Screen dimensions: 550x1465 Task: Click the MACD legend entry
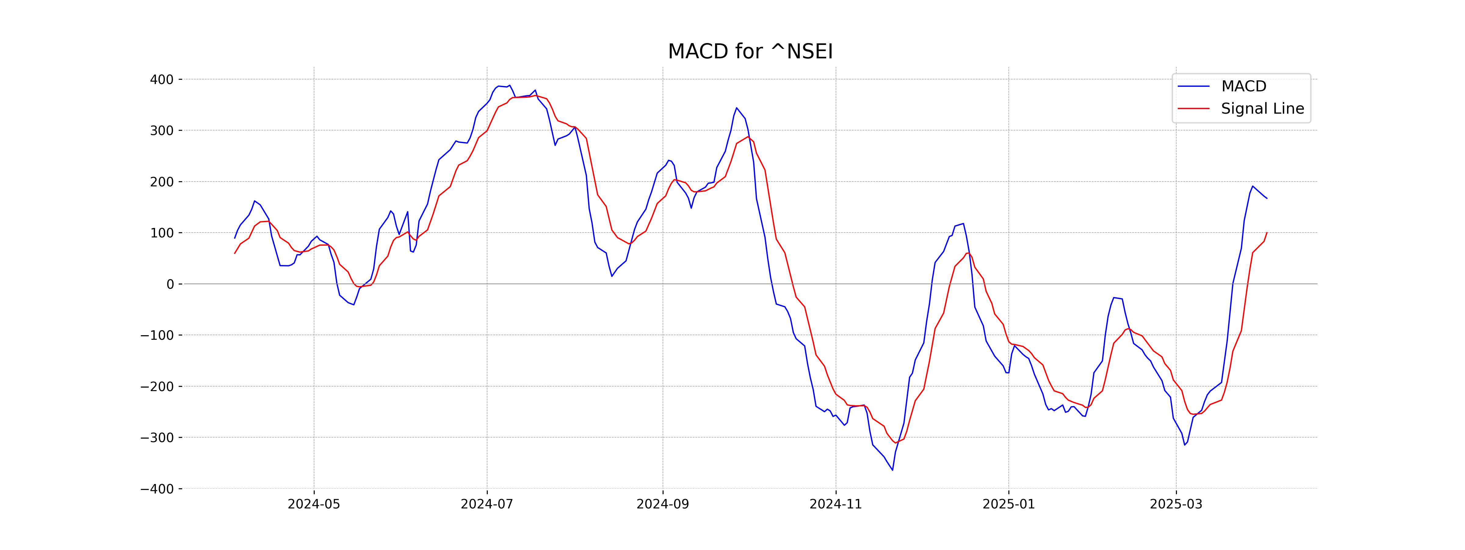click(1243, 86)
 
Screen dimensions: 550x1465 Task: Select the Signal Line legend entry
click(1262, 109)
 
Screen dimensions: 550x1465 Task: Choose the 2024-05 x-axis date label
click(314, 504)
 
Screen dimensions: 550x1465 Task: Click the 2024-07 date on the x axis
click(487, 504)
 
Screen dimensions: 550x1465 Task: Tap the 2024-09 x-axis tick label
click(663, 504)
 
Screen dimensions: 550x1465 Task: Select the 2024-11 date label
click(835, 504)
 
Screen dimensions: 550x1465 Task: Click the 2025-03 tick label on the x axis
click(1176, 504)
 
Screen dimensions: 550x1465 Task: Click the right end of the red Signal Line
click(1267, 232)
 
